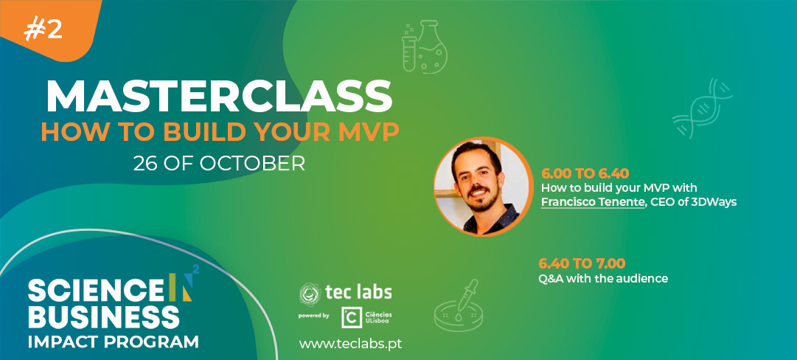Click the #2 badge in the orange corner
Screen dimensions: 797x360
[43, 30]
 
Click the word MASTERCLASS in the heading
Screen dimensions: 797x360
[219, 97]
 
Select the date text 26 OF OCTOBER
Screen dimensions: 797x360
[219, 163]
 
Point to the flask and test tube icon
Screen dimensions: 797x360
[425, 46]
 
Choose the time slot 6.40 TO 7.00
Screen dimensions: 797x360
[582, 263]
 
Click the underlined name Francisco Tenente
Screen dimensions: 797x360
[592, 202]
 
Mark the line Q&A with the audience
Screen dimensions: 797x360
[603, 279]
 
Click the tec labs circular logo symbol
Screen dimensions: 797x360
[310, 294]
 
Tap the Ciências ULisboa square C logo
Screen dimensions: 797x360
[352, 317]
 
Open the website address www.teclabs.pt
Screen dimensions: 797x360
[350, 343]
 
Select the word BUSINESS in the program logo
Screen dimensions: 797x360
[104, 316]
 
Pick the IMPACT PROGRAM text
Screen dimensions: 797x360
[113, 341]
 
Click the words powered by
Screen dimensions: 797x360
[314, 316]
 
